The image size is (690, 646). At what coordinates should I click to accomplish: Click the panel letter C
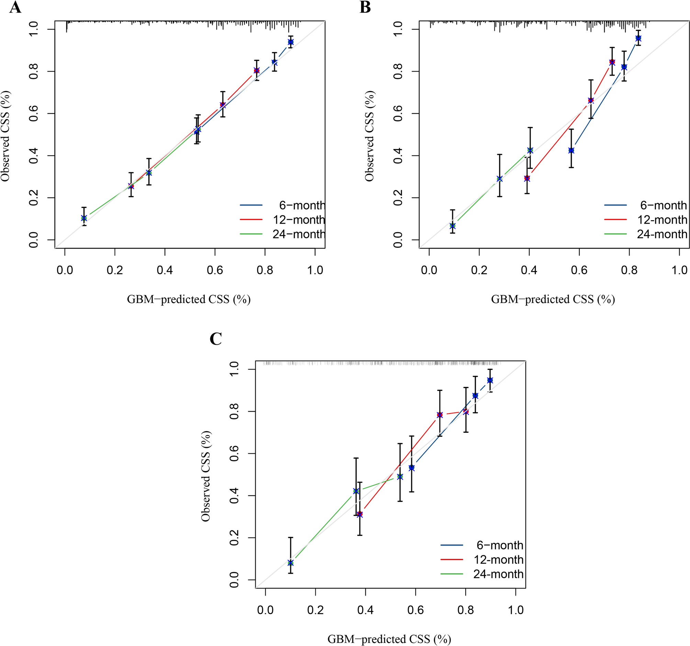click(x=215, y=339)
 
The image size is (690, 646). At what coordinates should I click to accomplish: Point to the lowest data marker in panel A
click(x=84, y=218)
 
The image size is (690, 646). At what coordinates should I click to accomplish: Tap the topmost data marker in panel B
click(x=638, y=38)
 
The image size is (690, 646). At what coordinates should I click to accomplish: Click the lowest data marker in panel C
click(x=290, y=563)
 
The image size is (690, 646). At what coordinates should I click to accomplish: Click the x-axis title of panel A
click(x=188, y=299)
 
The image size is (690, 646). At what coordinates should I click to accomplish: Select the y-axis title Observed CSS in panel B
click(x=369, y=136)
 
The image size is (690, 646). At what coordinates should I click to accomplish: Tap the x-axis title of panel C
click(x=389, y=639)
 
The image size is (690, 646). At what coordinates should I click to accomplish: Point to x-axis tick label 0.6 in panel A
click(x=215, y=270)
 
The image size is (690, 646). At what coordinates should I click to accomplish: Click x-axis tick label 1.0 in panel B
click(x=679, y=270)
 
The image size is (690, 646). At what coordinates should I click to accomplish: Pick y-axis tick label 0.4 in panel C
click(x=234, y=496)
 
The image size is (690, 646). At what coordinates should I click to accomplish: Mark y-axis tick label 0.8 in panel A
click(x=34, y=71)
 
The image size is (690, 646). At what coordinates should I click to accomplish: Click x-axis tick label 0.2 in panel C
click(x=315, y=610)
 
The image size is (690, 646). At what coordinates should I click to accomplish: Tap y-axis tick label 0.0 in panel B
click(x=398, y=239)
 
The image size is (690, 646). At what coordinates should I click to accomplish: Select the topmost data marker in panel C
click(x=490, y=380)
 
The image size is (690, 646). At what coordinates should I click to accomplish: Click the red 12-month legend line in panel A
click(x=251, y=219)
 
